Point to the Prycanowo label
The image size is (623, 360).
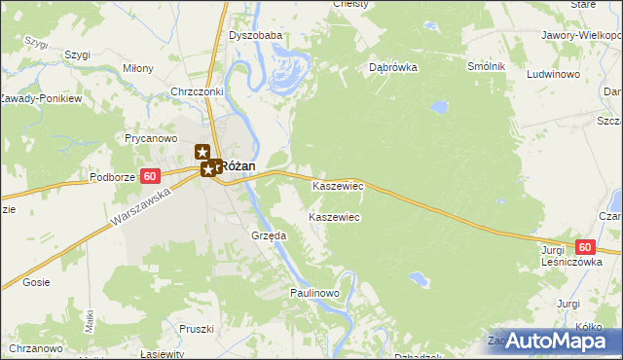(x=148, y=138)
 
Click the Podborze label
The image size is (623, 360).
(x=113, y=177)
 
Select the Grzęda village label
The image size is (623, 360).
(x=268, y=235)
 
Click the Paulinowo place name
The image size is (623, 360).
(x=313, y=293)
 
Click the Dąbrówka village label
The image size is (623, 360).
(x=393, y=68)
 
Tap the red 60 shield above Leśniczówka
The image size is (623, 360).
(x=583, y=248)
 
